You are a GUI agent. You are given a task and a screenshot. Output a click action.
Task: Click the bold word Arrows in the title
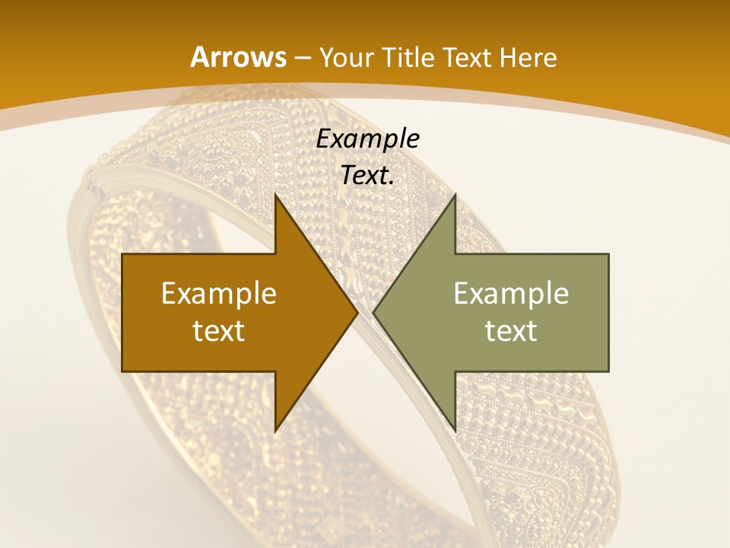[x=238, y=57]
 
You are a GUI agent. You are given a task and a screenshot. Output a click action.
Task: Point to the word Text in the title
[x=467, y=58]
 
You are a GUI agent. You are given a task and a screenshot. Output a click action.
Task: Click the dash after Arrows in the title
[x=301, y=59]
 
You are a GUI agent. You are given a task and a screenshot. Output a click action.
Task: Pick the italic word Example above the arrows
[x=368, y=139]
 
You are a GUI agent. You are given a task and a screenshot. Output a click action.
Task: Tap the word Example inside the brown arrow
[x=219, y=293]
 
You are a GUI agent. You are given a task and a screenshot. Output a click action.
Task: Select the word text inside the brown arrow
[x=219, y=330]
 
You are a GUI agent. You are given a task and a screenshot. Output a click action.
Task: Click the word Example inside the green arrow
[x=511, y=293]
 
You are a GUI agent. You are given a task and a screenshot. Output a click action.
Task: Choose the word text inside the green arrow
[x=511, y=330]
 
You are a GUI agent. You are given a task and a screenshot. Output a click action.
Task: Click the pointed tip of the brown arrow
[x=357, y=313]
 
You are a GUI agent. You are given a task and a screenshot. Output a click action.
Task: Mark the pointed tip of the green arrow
[x=373, y=313]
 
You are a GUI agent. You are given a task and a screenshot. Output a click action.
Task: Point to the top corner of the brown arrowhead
[x=275, y=195]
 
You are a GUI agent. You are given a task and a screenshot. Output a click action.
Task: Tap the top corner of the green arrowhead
[x=455, y=195]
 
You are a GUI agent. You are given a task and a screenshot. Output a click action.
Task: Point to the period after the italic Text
[x=392, y=183]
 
